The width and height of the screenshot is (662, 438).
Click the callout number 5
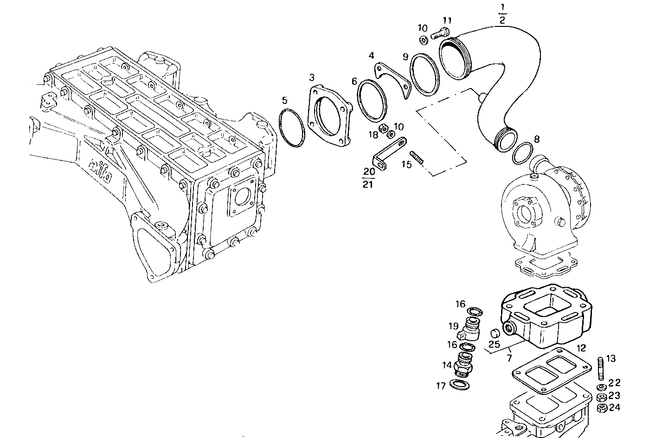tap(284, 100)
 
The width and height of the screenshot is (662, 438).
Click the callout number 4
tap(371, 56)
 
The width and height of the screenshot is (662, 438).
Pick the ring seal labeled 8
tap(522, 153)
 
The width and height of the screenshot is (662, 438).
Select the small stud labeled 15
tap(416, 157)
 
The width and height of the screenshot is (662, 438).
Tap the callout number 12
tap(581, 348)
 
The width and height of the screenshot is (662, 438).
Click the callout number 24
tap(614, 408)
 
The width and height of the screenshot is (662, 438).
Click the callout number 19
tap(453, 326)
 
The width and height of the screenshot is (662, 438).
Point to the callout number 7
tap(509, 358)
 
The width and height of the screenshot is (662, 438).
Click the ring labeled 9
tap(424, 74)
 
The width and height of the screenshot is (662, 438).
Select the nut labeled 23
tap(601, 397)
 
